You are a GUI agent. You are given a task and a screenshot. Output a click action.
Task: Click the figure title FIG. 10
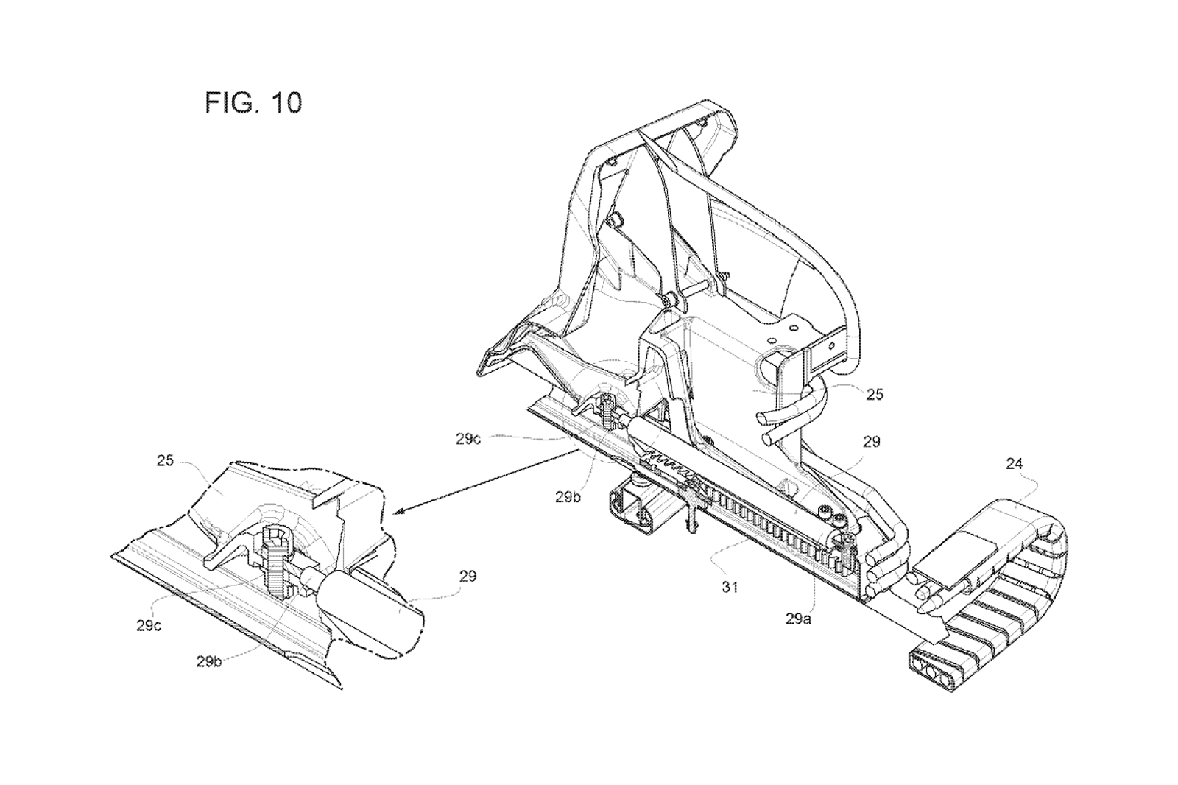253,103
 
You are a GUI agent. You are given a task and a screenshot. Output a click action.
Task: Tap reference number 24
1015,464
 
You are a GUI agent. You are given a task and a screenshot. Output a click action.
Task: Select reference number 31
729,587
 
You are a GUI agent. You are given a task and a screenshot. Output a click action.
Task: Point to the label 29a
798,619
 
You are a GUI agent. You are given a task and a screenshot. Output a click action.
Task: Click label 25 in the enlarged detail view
165,460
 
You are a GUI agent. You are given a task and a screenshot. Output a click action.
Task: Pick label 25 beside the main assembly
874,395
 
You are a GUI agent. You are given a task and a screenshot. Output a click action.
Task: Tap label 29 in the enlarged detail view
468,576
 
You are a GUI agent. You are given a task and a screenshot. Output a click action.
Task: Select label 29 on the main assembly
871,442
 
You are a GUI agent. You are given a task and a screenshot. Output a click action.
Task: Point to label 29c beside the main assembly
468,439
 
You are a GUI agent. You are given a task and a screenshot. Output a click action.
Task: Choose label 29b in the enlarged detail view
210,661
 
